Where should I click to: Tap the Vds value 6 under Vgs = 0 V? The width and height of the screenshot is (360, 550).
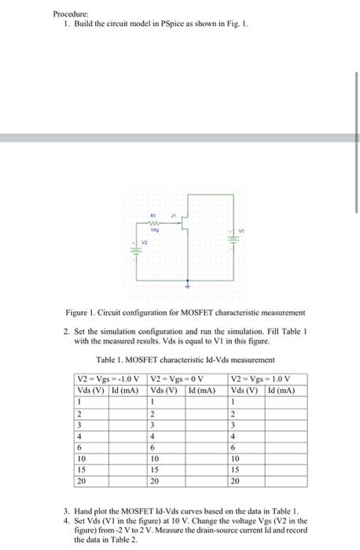152,446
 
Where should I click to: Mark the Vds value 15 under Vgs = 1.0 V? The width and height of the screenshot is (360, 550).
235,468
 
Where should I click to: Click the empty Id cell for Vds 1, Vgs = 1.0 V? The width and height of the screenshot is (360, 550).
281,402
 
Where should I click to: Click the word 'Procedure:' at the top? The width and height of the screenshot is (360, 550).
69,13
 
